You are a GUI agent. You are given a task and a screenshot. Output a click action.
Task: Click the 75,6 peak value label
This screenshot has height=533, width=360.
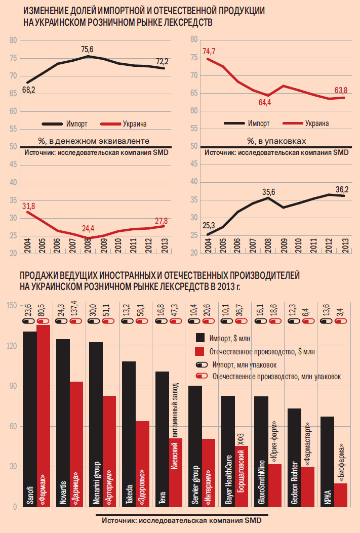tap(87, 50)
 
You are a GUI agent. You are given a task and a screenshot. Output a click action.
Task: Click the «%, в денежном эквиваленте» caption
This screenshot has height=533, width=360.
tap(94, 140)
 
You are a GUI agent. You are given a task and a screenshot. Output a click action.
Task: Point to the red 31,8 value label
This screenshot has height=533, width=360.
tap(28, 206)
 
